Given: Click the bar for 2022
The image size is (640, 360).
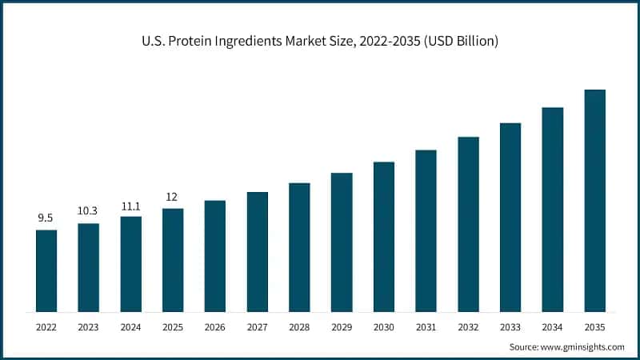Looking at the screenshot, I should (x=46, y=270).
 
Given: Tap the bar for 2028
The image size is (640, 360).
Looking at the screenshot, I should (x=299, y=247).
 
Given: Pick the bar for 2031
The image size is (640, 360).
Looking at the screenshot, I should (x=426, y=230).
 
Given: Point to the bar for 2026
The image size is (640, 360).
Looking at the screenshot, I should (x=215, y=256).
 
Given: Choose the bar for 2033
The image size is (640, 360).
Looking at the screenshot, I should (x=510, y=217).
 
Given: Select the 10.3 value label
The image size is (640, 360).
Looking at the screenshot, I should (x=89, y=210).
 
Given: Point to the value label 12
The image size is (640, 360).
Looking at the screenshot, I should (x=173, y=196).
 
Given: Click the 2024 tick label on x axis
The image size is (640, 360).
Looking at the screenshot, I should (x=130, y=326).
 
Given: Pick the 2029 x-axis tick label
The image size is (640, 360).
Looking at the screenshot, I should (x=342, y=326).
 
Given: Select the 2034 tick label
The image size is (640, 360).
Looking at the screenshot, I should (x=552, y=326).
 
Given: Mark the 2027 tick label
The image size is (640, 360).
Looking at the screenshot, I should (x=257, y=326).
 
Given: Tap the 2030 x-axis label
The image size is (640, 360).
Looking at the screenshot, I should (x=383, y=326).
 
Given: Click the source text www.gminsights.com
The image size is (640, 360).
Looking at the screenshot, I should (x=582, y=346).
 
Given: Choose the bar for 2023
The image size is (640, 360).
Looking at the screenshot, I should (x=89, y=267).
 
